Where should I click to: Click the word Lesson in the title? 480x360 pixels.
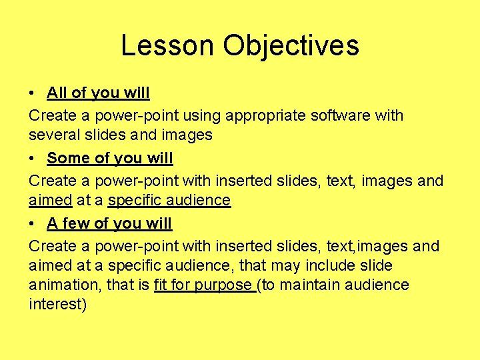tap(167, 45)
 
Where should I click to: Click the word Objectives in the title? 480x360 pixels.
tap(291, 45)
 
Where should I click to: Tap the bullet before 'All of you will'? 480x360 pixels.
tap(32, 93)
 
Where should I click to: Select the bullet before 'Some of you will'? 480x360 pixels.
tap(32, 158)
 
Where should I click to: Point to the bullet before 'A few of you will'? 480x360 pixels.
tap(32, 223)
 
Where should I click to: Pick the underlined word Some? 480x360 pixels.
tap(67, 158)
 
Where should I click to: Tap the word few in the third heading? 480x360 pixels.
tap(76, 223)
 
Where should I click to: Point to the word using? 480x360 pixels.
tap(202, 115)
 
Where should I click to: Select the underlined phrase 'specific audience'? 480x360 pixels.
tap(169, 200)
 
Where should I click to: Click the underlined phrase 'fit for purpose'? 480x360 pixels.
tap(203, 285)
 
